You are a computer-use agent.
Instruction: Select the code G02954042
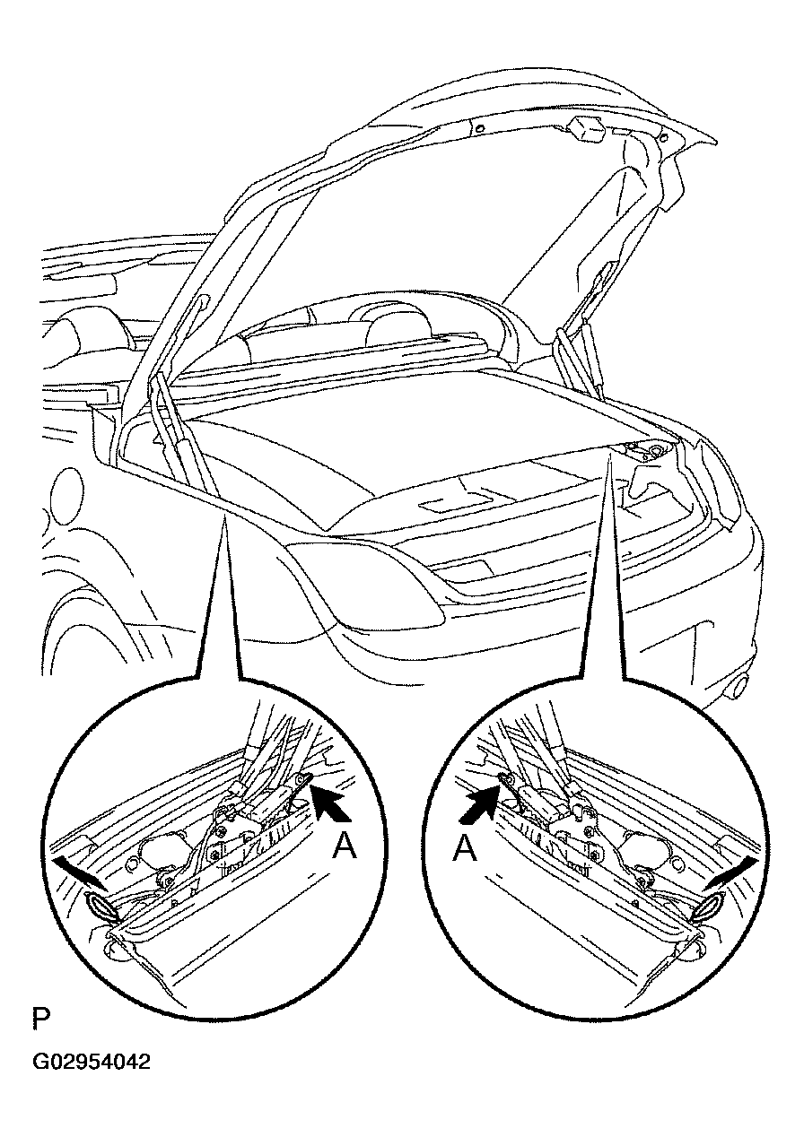pos(92,1062)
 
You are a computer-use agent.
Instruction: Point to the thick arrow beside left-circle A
pos(330,803)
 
